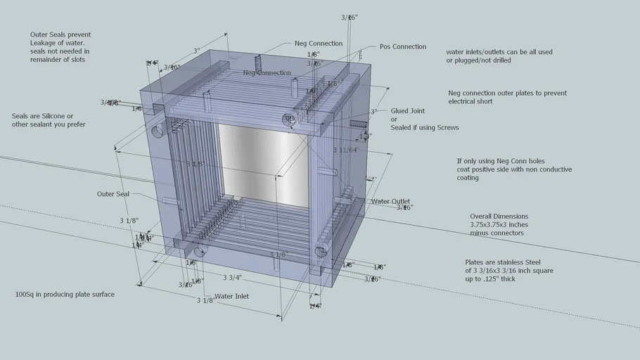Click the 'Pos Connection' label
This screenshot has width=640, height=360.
pos(402,47)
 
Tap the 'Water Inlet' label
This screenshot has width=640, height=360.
pos(231,296)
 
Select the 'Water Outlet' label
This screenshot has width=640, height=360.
pos(390,202)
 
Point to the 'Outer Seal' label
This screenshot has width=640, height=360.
pos(113,194)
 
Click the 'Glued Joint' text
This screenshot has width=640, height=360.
pos(408,111)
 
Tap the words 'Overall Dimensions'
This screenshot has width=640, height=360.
pos(499,217)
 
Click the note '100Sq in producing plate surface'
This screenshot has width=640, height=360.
pos(65,295)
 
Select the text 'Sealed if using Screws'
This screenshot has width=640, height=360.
pos(425,128)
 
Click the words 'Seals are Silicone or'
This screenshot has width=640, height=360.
pos(42,116)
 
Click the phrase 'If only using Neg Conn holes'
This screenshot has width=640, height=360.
pos(501,161)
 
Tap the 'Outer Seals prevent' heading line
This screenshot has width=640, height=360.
pos(60,34)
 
